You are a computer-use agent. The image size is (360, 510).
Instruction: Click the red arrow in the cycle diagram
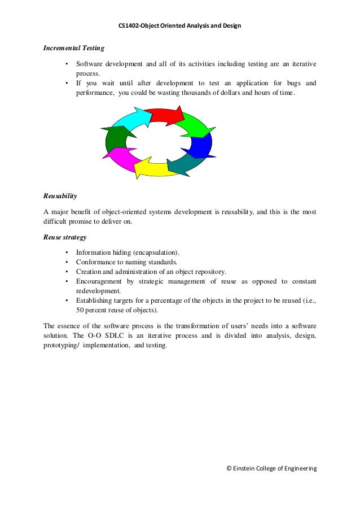[x=165, y=115]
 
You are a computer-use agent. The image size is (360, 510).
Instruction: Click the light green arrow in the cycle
[x=195, y=126]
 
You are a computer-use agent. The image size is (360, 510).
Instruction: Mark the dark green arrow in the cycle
[x=115, y=138]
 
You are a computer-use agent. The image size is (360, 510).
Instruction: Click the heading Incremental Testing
[x=74, y=49]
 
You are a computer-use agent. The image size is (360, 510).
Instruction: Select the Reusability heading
[x=60, y=197]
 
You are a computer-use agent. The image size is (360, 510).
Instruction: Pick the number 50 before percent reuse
[x=80, y=311]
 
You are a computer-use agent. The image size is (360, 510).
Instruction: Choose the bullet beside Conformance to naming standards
[x=68, y=262]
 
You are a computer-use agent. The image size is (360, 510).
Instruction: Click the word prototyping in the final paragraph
[x=61, y=346]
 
